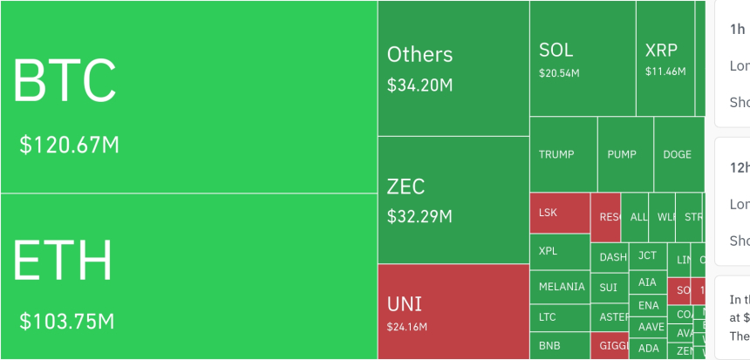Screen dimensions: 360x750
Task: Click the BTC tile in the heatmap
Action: coord(188,96)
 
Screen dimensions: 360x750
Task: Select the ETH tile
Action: coord(188,275)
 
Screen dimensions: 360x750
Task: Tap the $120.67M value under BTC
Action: coord(70,145)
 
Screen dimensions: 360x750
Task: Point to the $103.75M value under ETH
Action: coord(67,321)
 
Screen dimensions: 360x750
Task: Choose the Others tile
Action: coord(453,68)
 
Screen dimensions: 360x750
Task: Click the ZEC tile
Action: coord(453,200)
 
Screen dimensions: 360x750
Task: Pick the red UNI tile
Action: coord(453,311)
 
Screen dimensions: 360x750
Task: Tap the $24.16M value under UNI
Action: coord(407,327)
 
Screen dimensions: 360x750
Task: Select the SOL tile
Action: coord(582,58)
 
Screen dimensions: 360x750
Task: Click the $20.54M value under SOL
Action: coord(559,72)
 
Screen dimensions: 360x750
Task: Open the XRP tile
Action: coord(670,58)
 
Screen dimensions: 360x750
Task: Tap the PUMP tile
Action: coord(624,154)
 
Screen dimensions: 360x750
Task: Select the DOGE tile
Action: coord(678,154)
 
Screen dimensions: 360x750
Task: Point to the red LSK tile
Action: coord(559,213)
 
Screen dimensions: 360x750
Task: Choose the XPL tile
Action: coord(559,251)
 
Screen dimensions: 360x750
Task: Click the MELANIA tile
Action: coord(559,287)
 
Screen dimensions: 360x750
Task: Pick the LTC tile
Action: coord(559,317)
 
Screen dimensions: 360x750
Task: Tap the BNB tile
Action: coord(559,346)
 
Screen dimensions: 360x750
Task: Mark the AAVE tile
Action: coord(649,326)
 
